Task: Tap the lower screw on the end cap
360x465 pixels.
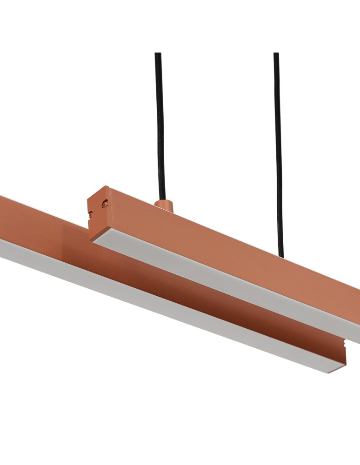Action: [x=91, y=214]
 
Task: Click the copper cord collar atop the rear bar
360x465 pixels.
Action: [x=163, y=206]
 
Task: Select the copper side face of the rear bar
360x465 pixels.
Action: [x=223, y=242]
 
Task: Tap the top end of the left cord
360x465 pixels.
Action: [x=158, y=54]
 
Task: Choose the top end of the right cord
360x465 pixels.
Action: [x=276, y=54]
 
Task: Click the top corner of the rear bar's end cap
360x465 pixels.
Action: [x=108, y=187]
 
